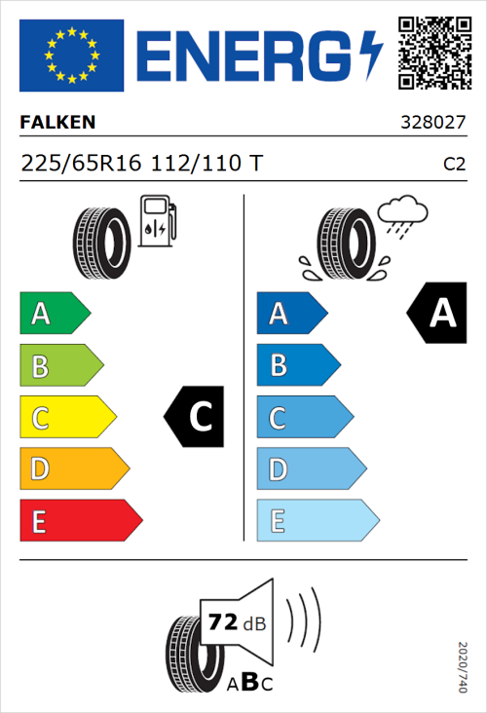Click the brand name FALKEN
tap(57, 123)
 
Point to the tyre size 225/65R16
tap(84, 164)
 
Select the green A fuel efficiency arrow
tap(54, 314)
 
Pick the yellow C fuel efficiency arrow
tap(66, 418)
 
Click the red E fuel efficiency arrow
tap(80, 521)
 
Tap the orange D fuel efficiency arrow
tap(73, 469)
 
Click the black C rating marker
tap(195, 417)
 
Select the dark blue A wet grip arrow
tap(290, 314)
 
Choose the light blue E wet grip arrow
tap(317, 521)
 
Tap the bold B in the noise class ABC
tap(247, 683)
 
